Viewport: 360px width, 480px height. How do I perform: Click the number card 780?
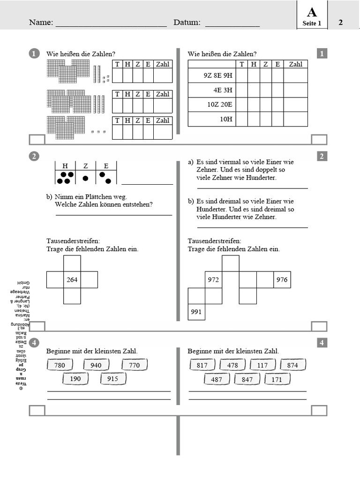pos(60,365)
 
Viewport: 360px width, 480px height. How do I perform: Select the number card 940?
pos(96,365)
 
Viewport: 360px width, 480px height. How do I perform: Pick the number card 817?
pos(202,365)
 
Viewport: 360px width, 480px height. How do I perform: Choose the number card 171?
pos(277,379)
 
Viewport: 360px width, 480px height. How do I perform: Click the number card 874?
pos(292,365)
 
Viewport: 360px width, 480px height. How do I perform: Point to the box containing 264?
pos(72,279)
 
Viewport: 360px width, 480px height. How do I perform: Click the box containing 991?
pos(196,312)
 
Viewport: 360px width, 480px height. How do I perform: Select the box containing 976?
pos(282,279)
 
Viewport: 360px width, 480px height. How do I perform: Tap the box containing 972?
pos(213,279)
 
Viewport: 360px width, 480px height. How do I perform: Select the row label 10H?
pos(226,119)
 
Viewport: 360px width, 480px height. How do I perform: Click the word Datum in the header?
pos(187,22)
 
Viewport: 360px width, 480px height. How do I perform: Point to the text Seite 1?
pos(311,23)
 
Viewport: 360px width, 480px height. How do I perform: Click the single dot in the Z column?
pos(85,178)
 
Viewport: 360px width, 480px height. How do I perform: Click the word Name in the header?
pos(41,22)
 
